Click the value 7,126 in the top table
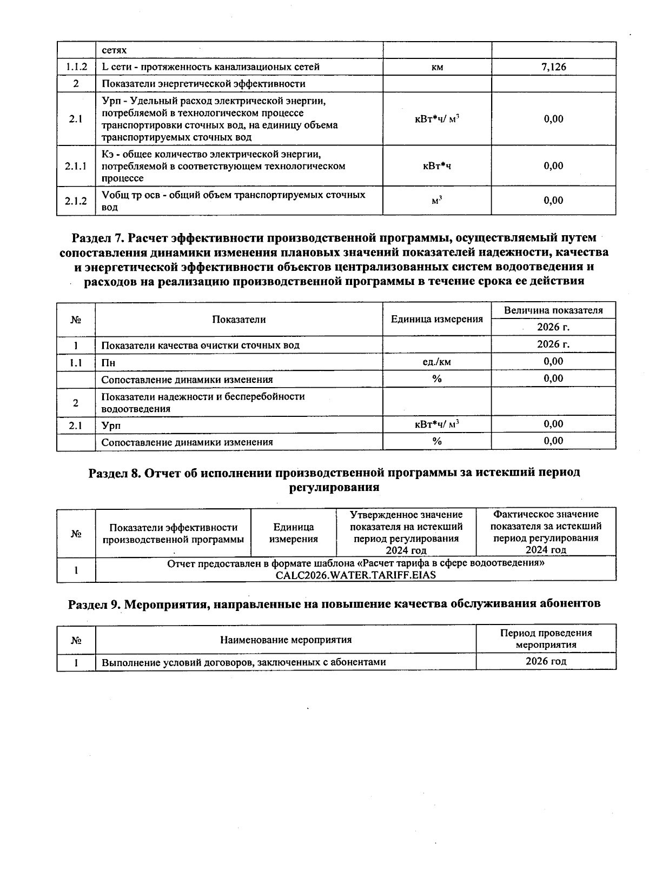[553, 67]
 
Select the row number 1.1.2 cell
[76, 67]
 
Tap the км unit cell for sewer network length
[437, 68]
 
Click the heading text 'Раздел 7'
[97, 238]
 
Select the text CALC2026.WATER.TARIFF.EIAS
[355, 575]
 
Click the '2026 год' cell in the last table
[546, 662]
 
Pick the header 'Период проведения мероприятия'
[546, 639]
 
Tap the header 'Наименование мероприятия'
[286, 640]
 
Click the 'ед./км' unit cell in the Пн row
[437, 362]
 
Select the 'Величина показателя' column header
[553, 310]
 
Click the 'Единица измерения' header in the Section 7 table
[436, 319]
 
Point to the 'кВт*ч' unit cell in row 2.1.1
[437, 166]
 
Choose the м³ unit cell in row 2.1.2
[437, 201]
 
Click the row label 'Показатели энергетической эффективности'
[203, 84]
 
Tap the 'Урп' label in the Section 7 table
[111, 426]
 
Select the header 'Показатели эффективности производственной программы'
[173, 533]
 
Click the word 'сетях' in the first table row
[114, 50]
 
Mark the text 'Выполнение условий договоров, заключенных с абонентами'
[243, 662]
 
